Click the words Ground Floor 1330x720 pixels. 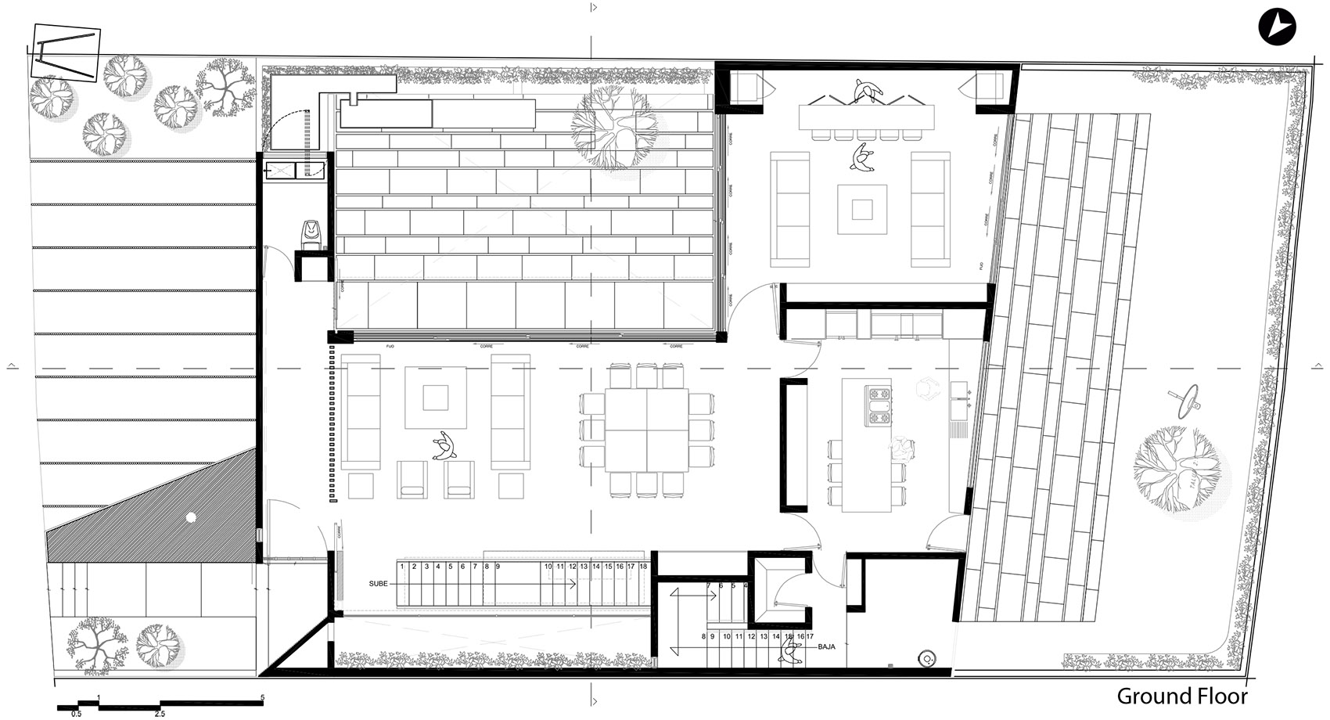(1181, 696)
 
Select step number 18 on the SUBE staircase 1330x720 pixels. (643, 567)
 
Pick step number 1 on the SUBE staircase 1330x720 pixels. (401, 567)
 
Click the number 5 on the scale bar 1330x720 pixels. (262, 697)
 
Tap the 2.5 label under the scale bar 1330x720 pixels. (160, 714)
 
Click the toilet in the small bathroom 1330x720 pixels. (312, 234)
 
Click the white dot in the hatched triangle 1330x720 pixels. (189, 517)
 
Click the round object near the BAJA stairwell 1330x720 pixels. (929, 657)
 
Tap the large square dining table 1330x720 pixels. (646, 430)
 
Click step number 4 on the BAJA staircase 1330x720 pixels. (745, 585)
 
